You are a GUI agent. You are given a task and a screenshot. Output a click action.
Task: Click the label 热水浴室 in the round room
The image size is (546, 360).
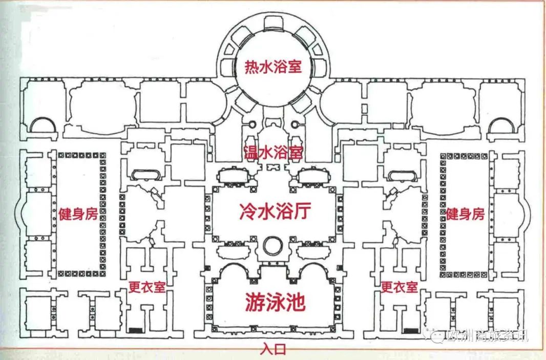[x=272, y=67]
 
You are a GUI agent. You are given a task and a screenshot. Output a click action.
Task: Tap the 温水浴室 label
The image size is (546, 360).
[x=272, y=152]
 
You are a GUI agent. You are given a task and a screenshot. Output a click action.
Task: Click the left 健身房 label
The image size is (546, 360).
[x=77, y=213]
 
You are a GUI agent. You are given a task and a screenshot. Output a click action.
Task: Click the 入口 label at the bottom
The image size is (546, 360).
[x=272, y=350]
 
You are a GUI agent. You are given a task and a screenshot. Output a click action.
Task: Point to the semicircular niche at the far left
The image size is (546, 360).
[x=40, y=124]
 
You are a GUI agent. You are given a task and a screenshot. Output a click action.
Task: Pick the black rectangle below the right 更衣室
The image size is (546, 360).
[x=409, y=330]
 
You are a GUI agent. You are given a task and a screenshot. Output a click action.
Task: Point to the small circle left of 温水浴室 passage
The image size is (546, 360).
[x=251, y=124]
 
